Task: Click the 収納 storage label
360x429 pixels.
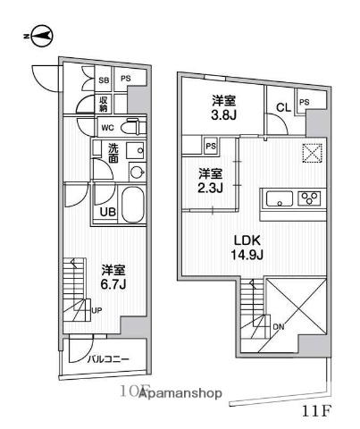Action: (105, 102)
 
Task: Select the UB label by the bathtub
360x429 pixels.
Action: (106, 212)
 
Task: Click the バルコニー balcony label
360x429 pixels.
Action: (108, 359)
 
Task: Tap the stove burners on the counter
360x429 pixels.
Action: (309, 198)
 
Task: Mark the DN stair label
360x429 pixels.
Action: (278, 327)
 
